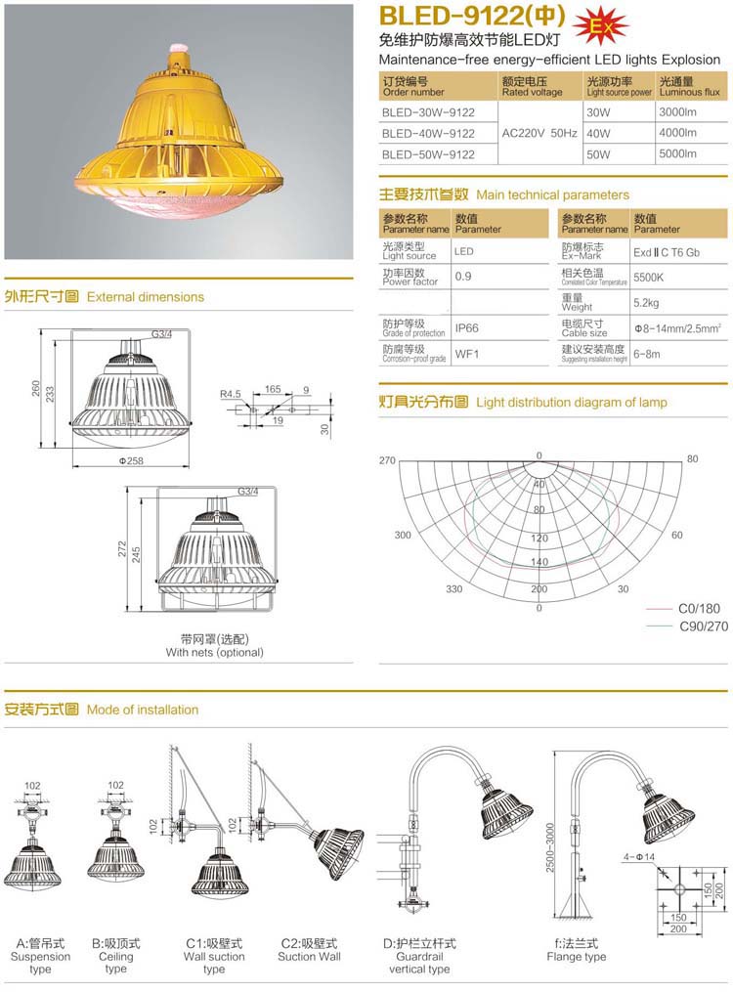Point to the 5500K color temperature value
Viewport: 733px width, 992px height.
click(649, 277)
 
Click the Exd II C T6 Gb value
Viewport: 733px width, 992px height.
click(667, 252)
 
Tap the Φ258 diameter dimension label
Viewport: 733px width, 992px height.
click(131, 460)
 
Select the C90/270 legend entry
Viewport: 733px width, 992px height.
click(704, 626)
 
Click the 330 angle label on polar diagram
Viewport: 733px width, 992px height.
click(453, 589)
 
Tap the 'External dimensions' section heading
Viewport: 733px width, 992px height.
click(146, 296)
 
